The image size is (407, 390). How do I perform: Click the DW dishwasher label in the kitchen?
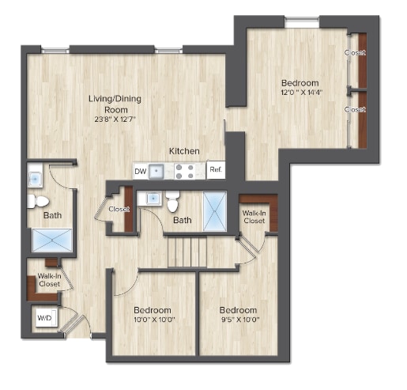[140, 171]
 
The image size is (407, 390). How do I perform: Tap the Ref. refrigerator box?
[215, 170]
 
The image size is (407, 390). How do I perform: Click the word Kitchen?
[183, 151]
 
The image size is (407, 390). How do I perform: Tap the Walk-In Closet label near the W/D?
[49, 279]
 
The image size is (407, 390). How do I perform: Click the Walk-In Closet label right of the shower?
[254, 218]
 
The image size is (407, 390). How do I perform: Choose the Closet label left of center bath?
[119, 210]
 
